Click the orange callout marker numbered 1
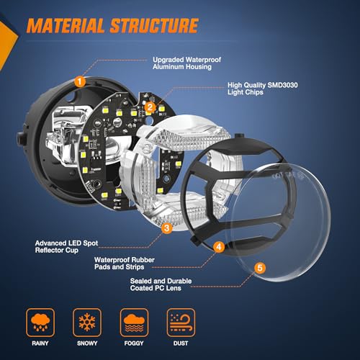pyautogui.click(x=80, y=82)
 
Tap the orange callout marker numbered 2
pyautogui.click(x=150, y=107)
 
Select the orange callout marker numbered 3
pyautogui.click(x=167, y=228)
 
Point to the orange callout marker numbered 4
pyautogui.click(x=219, y=247)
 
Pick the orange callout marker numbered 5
pyautogui.click(x=260, y=268)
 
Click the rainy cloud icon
pyautogui.click(x=40, y=323)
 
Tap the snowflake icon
pyautogui.click(x=87, y=323)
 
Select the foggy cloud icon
pyautogui.click(x=134, y=323)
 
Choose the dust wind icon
pyautogui.click(x=181, y=323)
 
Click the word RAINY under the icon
pyautogui.click(x=40, y=343)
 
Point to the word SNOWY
pyautogui.click(x=87, y=343)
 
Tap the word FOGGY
pyautogui.click(x=134, y=343)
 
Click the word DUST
pyautogui.click(x=181, y=343)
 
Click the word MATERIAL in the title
pyautogui.click(x=66, y=25)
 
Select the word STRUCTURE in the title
pyautogui.click(x=154, y=25)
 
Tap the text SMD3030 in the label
pyautogui.click(x=283, y=85)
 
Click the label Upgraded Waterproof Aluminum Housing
pyautogui.click(x=186, y=63)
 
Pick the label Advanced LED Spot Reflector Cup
pyautogui.click(x=66, y=247)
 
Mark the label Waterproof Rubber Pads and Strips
pyautogui.click(x=125, y=264)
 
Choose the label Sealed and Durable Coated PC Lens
pyautogui.click(x=161, y=284)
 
